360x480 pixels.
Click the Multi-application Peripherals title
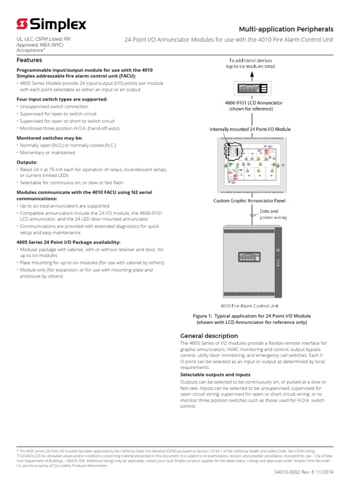[x=286, y=29]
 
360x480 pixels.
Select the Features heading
[x=29, y=60]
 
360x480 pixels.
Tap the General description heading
[x=209, y=336]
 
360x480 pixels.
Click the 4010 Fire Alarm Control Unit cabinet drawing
[x=252, y=262]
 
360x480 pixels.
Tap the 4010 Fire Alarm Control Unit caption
[x=252, y=305]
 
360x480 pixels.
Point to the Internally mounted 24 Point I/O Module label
[x=250, y=129]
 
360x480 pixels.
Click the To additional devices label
[x=252, y=63]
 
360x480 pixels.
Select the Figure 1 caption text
[x=252, y=319]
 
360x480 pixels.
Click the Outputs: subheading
[x=27, y=162]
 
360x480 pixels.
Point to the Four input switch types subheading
[x=62, y=99]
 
